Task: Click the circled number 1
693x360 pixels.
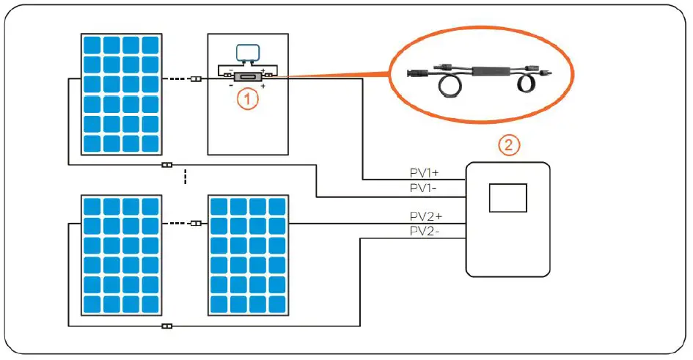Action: (249, 99)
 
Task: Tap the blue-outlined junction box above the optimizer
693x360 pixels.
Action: (247, 52)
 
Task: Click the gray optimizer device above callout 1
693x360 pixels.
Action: (248, 76)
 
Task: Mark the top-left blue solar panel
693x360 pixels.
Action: (122, 94)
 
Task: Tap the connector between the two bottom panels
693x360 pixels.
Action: (195, 224)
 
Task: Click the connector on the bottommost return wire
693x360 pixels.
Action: (166, 326)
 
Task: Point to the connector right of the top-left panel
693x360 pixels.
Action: (195, 79)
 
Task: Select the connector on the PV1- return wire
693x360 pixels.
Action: (166, 166)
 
